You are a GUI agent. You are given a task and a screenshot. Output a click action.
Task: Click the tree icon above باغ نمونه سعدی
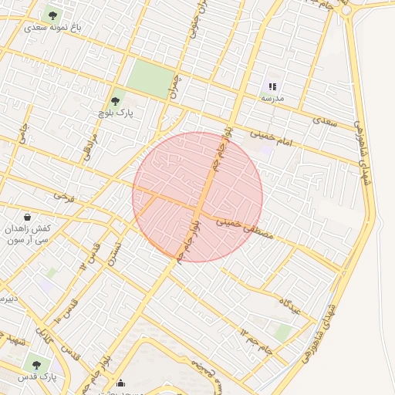click(52, 13)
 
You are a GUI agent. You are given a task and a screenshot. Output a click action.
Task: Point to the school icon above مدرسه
click(272, 86)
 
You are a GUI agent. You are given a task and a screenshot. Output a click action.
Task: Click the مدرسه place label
click(272, 98)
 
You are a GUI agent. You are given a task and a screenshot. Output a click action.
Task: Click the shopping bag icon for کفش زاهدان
click(28, 217)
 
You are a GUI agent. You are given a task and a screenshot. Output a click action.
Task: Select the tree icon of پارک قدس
click(35, 364)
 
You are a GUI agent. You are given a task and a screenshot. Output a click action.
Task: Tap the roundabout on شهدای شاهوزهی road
click(344, 11)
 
